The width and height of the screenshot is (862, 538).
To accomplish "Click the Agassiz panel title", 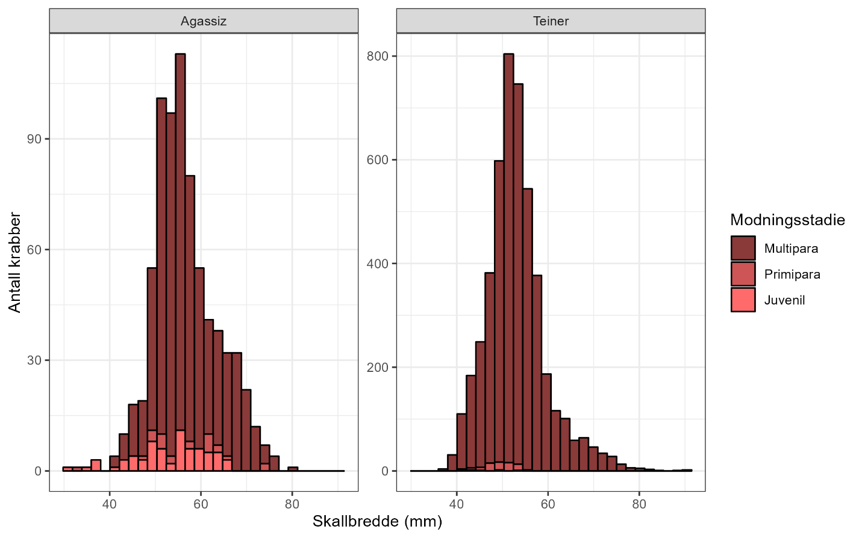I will pyautogui.click(x=204, y=21).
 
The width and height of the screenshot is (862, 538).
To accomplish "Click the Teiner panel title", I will pyautogui.click(x=551, y=21).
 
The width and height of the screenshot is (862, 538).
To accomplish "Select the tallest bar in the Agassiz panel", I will pyautogui.click(x=180, y=241).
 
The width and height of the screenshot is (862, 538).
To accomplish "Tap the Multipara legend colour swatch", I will pyautogui.click(x=743, y=248).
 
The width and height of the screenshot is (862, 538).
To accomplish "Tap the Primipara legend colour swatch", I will pyautogui.click(x=743, y=274).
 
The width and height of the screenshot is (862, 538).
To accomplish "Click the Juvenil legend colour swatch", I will pyautogui.click(x=743, y=300).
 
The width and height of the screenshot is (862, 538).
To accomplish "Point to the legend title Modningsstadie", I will pyautogui.click(x=787, y=220).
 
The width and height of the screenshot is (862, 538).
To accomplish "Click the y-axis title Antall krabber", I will pyautogui.click(x=14, y=262).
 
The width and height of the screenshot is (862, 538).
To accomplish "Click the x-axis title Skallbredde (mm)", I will pyautogui.click(x=377, y=521).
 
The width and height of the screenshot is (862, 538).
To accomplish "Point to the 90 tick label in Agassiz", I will pyautogui.click(x=34, y=139).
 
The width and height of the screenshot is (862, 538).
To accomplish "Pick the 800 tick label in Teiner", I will pyautogui.click(x=378, y=56).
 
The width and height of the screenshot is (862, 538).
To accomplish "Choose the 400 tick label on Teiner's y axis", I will pyautogui.click(x=378, y=264).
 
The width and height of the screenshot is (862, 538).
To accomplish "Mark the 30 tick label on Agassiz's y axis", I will pyautogui.click(x=34, y=360).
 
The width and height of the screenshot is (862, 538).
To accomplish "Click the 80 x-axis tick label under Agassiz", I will pyautogui.click(x=292, y=504).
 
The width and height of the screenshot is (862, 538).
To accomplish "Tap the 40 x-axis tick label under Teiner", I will pyautogui.click(x=457, y=504).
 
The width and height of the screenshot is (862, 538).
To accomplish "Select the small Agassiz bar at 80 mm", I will pyautogui.click(x=293, y=469).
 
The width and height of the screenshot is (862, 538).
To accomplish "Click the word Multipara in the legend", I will pyautogui.click(x=791, y=249).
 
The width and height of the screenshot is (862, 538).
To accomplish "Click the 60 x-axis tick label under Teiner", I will pyautogui.click(x=548, y=504).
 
